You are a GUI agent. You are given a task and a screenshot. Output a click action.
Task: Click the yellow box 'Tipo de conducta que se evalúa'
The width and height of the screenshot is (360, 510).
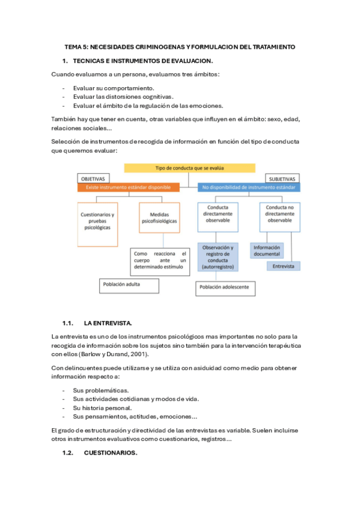coord(189,168)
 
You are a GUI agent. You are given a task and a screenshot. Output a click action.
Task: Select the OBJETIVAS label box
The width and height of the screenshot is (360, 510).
coord(93,179)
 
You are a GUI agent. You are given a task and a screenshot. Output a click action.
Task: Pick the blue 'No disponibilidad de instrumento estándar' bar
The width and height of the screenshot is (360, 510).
coord(249,188)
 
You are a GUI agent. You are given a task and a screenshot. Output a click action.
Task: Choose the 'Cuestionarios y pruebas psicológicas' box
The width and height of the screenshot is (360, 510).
coord(97,221)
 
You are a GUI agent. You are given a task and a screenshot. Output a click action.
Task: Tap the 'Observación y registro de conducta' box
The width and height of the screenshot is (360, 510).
coord(218,257)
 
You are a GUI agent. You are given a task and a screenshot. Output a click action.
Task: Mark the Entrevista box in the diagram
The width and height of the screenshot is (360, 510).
coord(283,265)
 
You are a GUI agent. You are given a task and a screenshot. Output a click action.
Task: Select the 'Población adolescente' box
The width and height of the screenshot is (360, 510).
coord(225,288)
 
